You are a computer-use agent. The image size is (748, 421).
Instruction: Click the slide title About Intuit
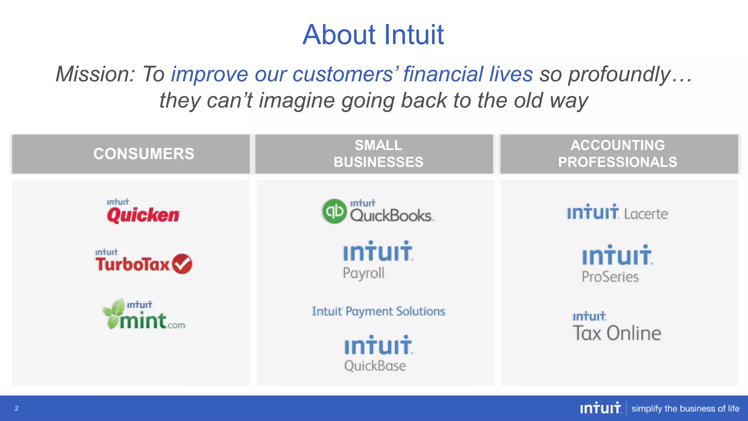(x=373, y=35)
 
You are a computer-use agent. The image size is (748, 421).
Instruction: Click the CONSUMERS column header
(x=144, y=154)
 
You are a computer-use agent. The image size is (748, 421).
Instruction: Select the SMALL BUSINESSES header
(x=378, y=154)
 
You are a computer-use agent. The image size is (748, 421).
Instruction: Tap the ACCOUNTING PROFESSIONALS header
(x=618, y=154)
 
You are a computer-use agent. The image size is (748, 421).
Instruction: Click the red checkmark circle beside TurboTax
(x=182, y=264)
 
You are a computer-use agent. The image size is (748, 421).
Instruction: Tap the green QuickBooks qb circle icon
(x=334, y=211)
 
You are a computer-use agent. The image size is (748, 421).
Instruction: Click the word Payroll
(x=363, y=273)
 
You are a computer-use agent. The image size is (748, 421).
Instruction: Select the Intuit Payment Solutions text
(x=378, y=311)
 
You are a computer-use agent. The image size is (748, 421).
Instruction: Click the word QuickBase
(x=375, y=366)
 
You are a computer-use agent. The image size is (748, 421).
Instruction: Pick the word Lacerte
(x=646, y=214)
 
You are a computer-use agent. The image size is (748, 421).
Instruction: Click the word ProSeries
(x=610, y=277)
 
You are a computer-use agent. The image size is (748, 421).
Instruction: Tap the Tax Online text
(x=617, y=333)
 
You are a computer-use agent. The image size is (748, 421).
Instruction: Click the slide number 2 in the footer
(x=16, y=408)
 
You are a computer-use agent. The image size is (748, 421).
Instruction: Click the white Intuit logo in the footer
(x=600, y=408)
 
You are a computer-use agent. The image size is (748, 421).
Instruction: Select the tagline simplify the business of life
(x=685, y=409)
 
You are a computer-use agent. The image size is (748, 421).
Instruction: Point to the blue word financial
(x=443, y=74)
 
